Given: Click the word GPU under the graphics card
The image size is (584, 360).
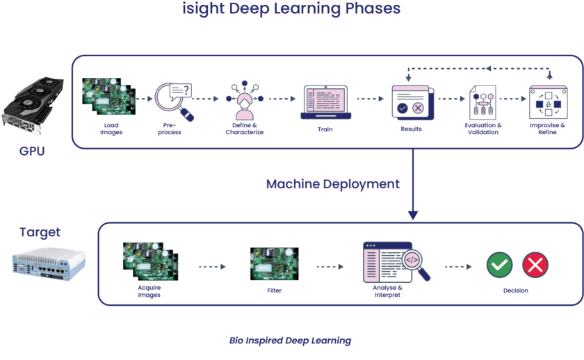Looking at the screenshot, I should (x=32, y=151).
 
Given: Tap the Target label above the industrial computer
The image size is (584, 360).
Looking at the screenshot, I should (x=40, y=232).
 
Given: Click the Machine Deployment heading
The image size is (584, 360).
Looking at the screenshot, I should (x=332, y=184).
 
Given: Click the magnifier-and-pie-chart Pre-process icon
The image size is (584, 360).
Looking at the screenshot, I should (x=174, y=101).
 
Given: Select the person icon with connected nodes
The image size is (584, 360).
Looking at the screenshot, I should (x=244, y=101).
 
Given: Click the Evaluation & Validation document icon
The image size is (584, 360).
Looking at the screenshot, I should (x=482, y=101).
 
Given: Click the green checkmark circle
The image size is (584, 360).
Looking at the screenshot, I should (x=499, y=265).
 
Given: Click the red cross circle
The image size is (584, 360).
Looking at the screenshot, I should (x=535, y=265).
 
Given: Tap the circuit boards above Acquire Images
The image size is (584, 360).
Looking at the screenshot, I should (x=149, y=261).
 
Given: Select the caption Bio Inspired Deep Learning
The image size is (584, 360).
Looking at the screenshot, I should (x=291, y=341).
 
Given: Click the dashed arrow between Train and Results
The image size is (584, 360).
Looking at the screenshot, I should (x=371, y=99).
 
